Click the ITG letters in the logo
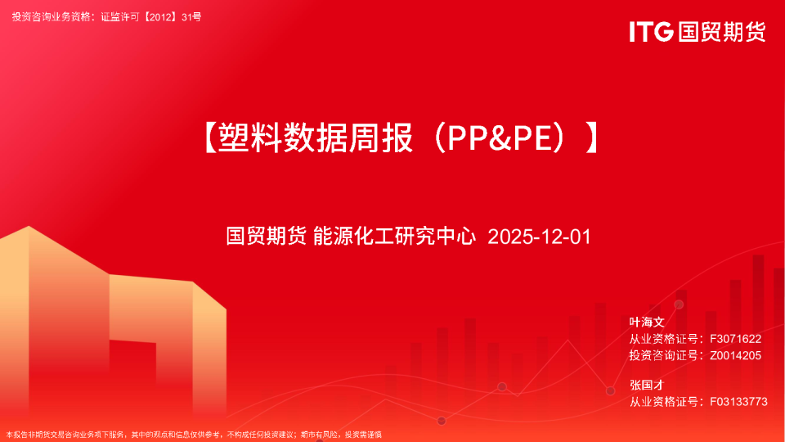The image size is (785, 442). (651, 32)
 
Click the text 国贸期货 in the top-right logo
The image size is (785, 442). (720, 32)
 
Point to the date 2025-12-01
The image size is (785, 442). (538, 237)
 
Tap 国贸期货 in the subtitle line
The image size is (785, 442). (266, 237)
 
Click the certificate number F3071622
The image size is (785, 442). (736, 338)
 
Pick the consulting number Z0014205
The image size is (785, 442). (736, 355)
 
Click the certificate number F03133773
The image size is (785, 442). (739, 401)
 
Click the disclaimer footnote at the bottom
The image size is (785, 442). (194, 435)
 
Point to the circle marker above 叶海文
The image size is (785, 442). (678, 304)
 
